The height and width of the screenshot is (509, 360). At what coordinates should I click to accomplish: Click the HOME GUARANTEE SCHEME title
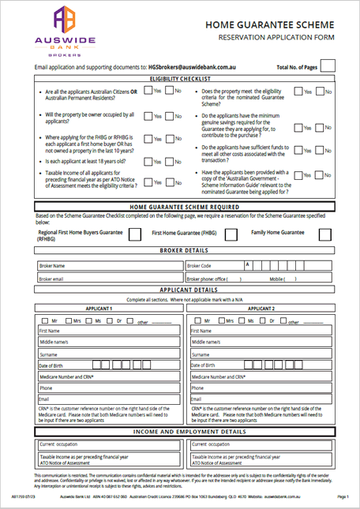point(270,25)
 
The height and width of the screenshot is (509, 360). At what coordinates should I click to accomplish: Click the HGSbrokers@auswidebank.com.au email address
point(200,68)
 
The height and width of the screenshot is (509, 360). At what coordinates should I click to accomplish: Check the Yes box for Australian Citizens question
point(148,92)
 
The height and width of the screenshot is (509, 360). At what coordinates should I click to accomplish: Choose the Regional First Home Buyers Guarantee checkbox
point(135,234)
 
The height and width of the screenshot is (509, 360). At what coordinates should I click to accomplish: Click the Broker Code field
point(268,266)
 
